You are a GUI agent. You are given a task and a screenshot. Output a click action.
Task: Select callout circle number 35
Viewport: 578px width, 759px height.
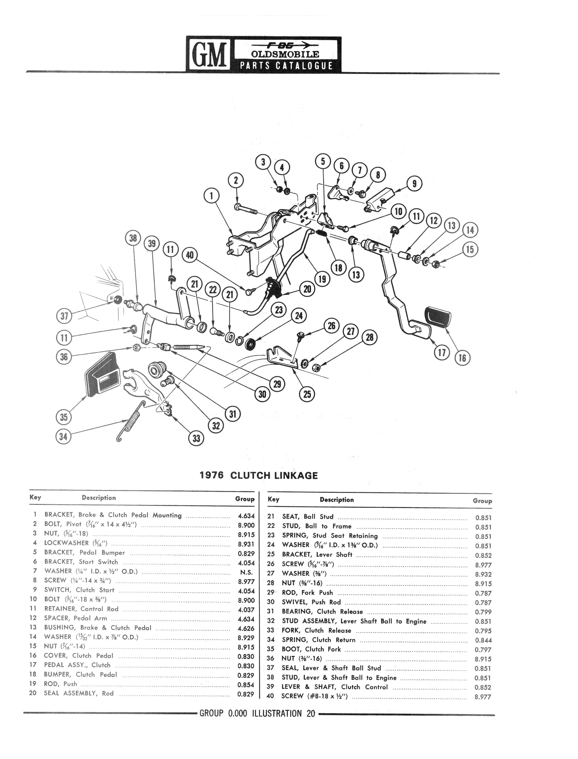(x=64, y=417)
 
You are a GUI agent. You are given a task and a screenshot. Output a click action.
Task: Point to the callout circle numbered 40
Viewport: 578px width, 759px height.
(x=190, y=255)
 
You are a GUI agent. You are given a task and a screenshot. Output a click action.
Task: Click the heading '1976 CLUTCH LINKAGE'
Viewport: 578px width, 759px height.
(x=259, y=475)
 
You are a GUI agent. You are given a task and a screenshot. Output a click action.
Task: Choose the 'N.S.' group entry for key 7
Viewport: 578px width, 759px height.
(x=247, y=572)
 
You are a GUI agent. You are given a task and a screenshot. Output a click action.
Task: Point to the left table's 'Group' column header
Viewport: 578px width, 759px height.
(x=245, y=499)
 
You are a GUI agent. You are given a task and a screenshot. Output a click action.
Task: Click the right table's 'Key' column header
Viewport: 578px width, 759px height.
(x=274, y=499)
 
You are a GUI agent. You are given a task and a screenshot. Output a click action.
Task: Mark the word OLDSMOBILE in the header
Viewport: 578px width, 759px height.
(x=285, y=54)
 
